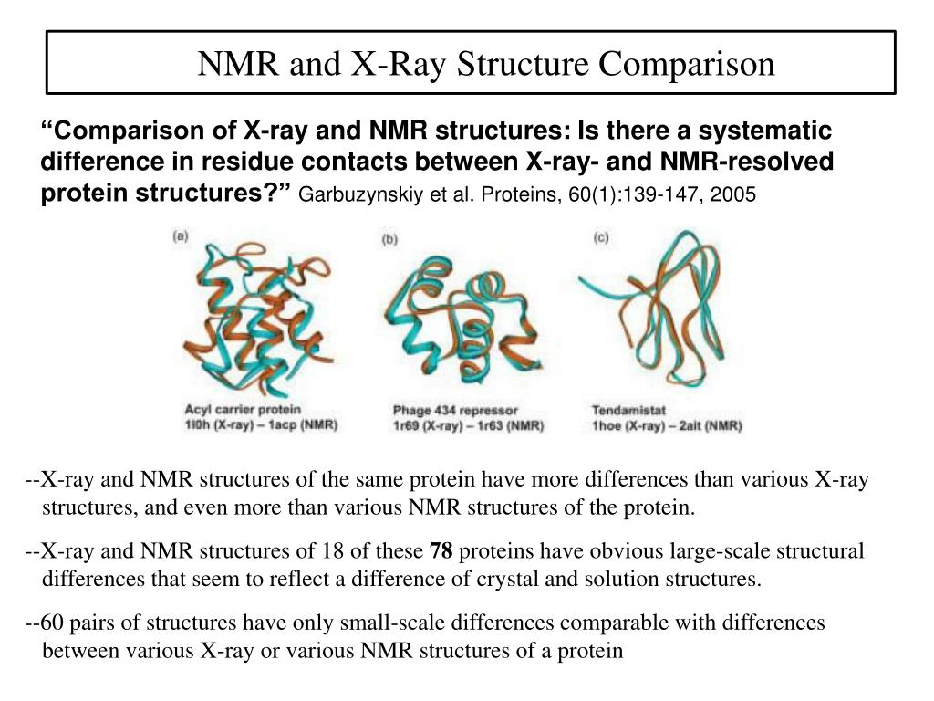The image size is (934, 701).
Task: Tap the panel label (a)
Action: tap(181, 235)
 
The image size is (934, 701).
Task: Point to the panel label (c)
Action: tap(601, 238)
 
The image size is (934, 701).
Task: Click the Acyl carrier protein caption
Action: tap(243, 409)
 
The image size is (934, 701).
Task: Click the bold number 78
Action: tap(441, 551)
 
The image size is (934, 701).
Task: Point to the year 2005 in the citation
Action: tap(737, 194)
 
